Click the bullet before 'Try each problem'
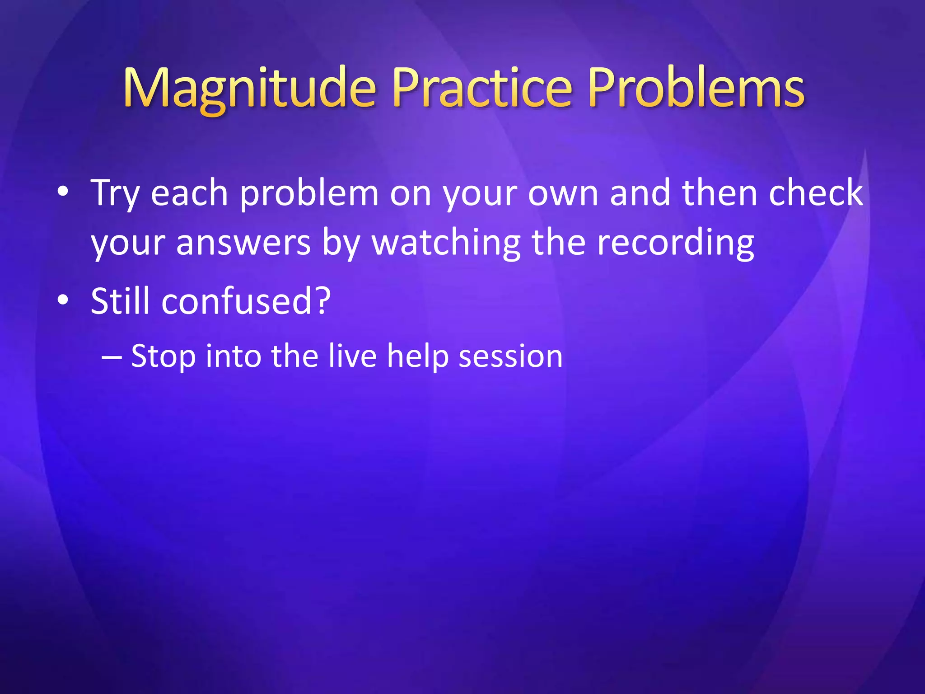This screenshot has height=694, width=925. coord(63,192)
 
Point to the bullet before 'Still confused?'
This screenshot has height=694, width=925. coord(63,300)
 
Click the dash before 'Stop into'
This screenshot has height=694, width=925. coord(112,356)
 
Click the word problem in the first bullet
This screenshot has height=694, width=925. coord(309,193)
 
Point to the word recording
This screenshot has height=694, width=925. coord(675,243)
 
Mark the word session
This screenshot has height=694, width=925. coord(511,356)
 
